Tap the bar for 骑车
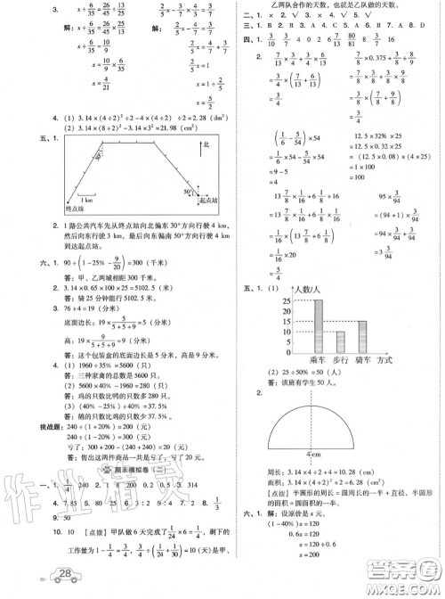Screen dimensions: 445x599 [362, 339]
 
